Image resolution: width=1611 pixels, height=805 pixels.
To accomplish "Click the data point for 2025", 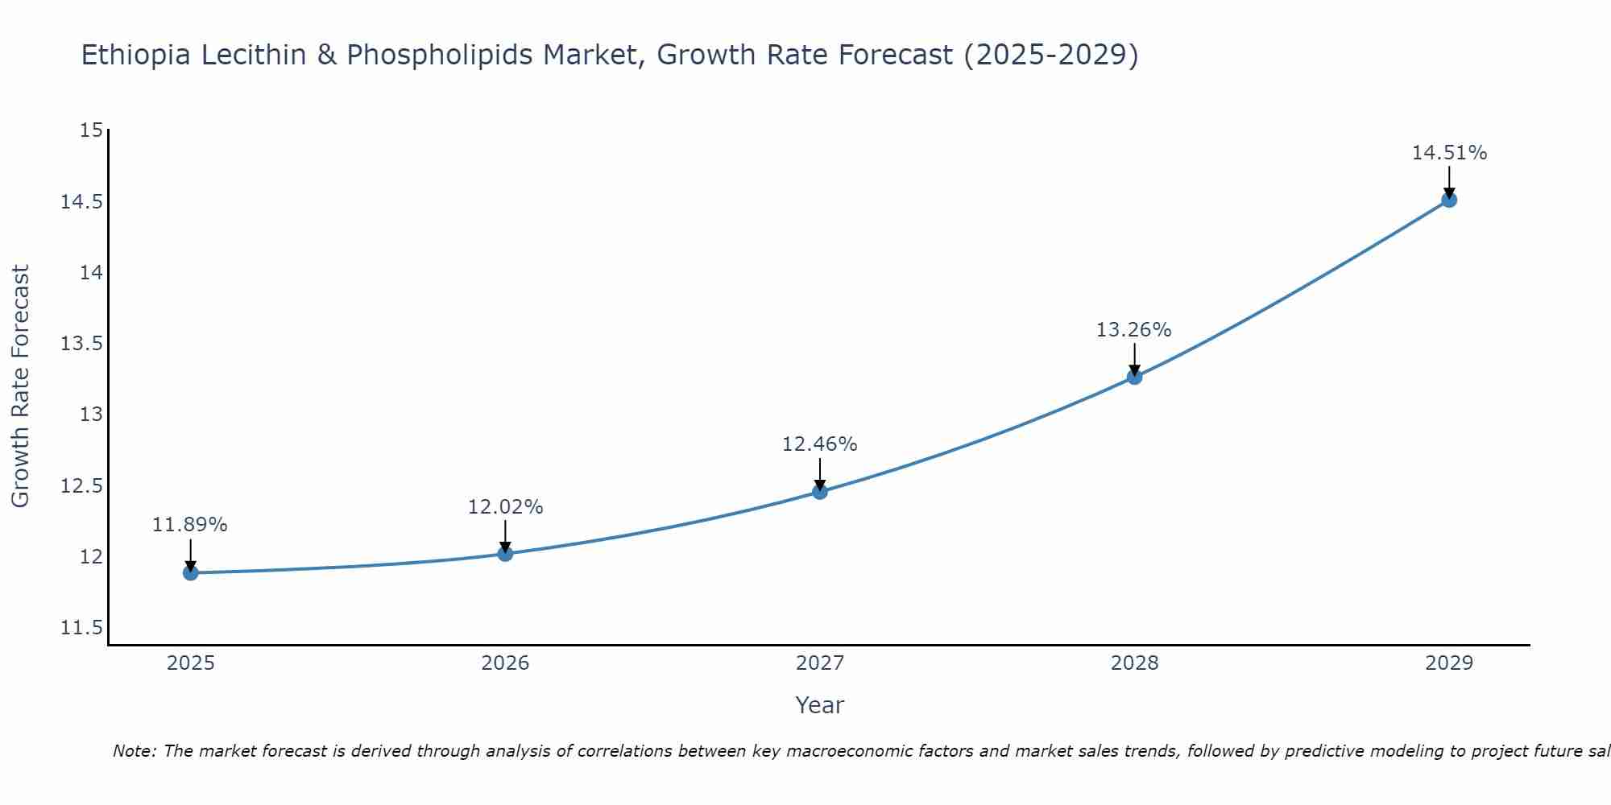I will [191, 572].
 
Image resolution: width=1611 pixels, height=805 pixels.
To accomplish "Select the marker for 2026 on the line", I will [505, 553].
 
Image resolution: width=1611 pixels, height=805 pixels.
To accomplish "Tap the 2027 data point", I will [820, 491].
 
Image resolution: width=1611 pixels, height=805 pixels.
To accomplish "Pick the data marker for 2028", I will [1134, 376].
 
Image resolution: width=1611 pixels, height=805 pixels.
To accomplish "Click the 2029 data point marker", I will [1448, 199].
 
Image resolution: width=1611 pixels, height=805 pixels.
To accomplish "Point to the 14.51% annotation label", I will [1449, 153].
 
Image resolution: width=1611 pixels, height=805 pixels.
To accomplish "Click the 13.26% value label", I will [1133, 330].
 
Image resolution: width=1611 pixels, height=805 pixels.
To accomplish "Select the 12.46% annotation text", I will [819, 444].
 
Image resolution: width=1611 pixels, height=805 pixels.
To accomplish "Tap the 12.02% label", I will [505, 507].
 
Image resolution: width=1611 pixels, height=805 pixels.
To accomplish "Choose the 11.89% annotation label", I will [190, 525].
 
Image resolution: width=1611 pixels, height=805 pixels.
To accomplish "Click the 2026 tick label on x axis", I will [505, 663].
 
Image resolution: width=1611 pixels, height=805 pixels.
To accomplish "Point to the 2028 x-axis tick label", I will [1134, 663].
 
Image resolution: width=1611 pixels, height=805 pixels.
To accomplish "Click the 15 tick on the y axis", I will [92, 130].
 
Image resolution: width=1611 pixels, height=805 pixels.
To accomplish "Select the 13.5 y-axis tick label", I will [82, 344].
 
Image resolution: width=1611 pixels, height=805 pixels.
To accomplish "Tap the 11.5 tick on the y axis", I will [82, 628].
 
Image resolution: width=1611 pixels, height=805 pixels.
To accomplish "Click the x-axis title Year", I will [819, 705].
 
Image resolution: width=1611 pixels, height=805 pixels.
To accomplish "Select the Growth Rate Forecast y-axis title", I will [20, 386].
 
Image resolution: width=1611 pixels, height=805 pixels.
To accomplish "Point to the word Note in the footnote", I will [135, 751].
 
